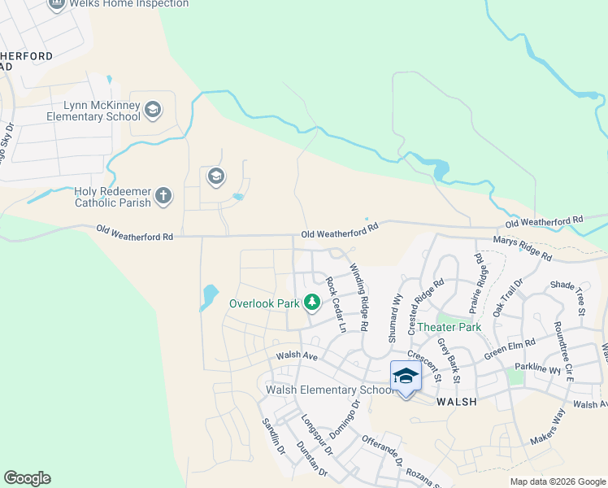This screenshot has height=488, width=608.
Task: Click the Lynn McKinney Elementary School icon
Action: (x=153, y=109)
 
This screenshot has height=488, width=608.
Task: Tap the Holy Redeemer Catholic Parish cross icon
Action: (x=163, y=195)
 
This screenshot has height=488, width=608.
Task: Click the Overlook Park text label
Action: (x=264, y=303)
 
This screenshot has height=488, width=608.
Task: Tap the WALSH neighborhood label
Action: (x=455, y=402)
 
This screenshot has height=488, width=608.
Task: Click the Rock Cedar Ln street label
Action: (x=336, y=305)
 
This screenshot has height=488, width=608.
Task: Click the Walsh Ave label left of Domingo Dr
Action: (x=296, y=355)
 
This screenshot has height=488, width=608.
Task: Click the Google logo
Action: (x=27, y=478)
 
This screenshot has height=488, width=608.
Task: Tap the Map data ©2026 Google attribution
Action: (x=557, y=481)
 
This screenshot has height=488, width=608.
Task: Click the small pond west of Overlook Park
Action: (x=209, y=296)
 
